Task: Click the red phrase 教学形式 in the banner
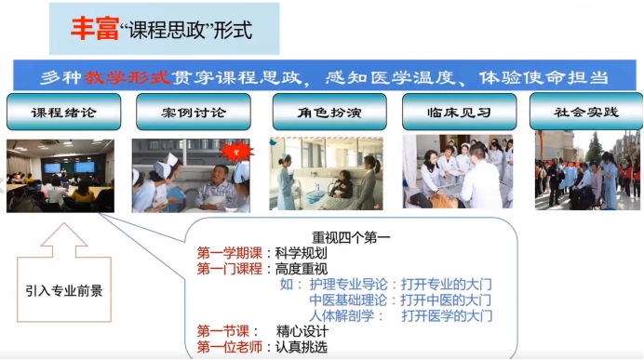130,77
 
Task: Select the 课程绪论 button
64,113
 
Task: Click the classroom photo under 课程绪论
60,175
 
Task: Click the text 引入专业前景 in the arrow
64,289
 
